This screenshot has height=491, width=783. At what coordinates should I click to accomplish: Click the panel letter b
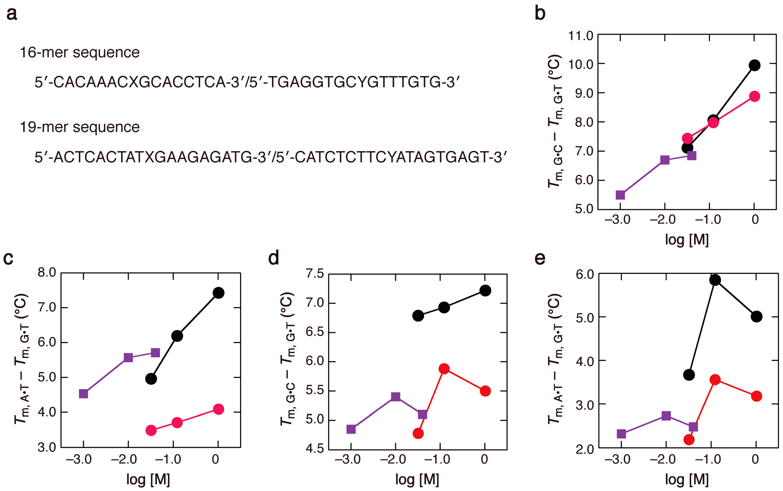(x=540, y=14)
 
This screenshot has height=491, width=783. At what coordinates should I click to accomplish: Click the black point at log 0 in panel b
(x=754, y=65)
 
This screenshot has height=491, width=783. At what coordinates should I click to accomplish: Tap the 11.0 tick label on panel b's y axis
(x=581, y=35)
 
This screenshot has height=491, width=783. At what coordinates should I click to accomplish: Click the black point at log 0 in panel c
(x=218, y=293)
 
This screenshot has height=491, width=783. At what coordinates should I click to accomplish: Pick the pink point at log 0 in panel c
(x=218, y=409)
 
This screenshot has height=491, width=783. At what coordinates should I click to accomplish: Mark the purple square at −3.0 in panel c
(x=83, y=394)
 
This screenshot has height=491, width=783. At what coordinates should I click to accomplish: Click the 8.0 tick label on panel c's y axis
(x=47, y=272)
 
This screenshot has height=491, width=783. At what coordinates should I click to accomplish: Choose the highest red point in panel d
(x=444, y=369)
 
